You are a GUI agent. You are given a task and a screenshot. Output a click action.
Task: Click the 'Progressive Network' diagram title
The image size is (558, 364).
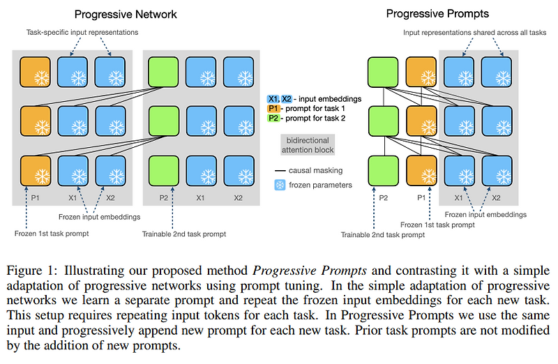(x=126, y=14)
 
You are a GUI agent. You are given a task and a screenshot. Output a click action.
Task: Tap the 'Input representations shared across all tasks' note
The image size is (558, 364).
(x=474, y=33)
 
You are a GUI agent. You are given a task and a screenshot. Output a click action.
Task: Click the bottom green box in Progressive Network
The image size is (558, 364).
(x=165, y=172)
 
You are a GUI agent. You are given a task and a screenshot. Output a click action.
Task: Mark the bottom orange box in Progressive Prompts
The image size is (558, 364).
(x=421, y=172)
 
